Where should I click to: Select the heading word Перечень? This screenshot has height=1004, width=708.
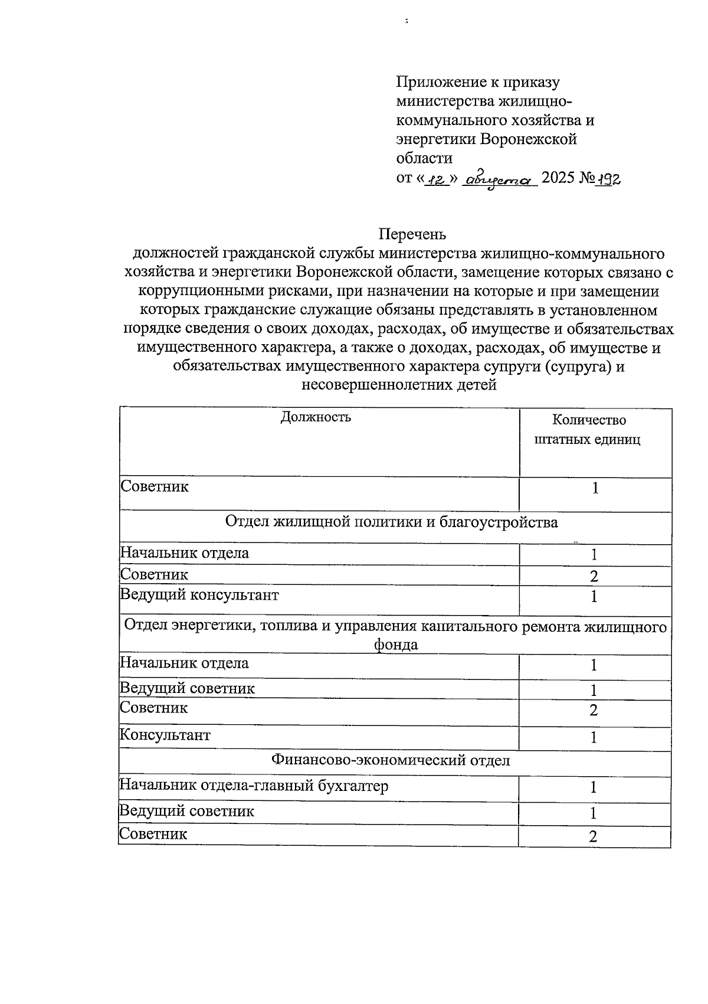click(x=412, y=235)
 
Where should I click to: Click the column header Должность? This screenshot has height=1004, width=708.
click(x=316, y=417)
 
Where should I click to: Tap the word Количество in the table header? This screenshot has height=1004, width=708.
click(x=588, y=420)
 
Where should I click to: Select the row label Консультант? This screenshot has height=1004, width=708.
click(x=165, y=735)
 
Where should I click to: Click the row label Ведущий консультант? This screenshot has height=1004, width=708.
click(x=199, y=595)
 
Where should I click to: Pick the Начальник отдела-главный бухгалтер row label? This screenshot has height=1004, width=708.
click(x=254, y=786)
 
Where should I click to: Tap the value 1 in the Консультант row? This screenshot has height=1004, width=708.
click(x=594, y=737)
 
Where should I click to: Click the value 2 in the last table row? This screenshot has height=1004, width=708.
click(x=594, y=836)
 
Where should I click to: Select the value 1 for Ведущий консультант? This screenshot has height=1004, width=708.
click(x=594, y=597)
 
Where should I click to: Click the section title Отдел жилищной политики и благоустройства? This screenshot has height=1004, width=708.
click(x=391, y=522)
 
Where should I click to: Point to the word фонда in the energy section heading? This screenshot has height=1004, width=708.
click(x=395, y=645)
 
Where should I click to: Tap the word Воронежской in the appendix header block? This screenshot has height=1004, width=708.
click(x=529, y=139)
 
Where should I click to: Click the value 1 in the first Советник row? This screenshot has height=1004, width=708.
click(x=596, y=489)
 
